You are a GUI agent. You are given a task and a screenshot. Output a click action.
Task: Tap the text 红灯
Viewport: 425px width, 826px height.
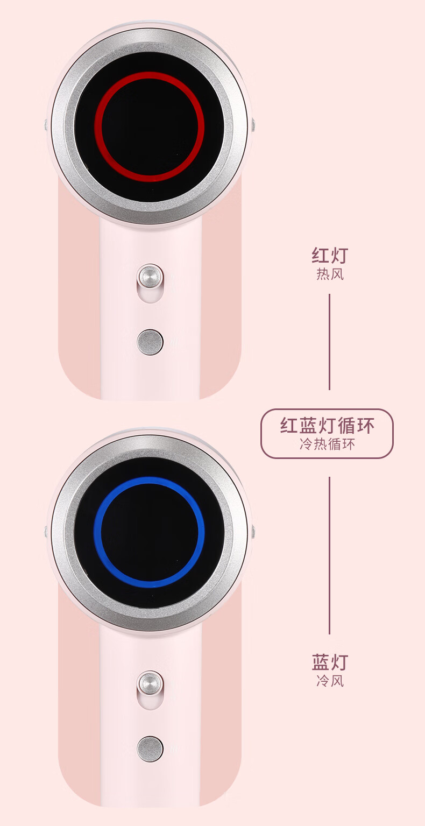[330, 255]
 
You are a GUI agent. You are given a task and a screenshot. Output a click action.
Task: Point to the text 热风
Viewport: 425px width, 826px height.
[330, 274]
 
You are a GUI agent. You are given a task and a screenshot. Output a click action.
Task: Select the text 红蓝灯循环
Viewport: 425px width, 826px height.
[327, 426]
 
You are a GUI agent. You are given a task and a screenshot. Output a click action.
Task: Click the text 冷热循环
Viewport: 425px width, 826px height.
[327, 444]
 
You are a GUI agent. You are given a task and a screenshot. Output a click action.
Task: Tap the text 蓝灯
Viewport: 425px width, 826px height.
[330, 661]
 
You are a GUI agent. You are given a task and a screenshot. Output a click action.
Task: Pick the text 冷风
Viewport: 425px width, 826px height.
[330, 681]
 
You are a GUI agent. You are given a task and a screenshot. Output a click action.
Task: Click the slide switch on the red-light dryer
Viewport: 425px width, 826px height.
[150, 277]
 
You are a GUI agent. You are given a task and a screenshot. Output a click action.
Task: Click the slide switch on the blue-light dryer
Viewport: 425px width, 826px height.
[150, 683]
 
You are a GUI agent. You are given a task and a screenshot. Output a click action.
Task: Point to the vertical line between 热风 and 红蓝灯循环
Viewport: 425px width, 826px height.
[329, 342]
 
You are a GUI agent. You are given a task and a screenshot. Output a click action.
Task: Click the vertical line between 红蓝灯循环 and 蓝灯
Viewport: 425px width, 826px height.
[329, 554]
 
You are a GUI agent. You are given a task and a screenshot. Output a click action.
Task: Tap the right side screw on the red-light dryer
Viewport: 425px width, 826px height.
[252, 125]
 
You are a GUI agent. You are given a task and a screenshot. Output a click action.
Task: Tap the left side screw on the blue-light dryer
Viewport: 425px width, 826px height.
[46, 532]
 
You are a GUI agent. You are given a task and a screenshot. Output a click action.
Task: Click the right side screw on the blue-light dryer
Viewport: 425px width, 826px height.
[252, 532]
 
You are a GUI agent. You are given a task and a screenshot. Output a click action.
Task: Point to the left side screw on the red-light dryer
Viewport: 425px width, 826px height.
[46, 125]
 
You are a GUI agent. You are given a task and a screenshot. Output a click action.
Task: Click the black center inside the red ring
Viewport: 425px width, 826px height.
[150, 127]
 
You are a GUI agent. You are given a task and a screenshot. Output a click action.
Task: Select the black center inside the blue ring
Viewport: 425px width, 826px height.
[149, 533]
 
